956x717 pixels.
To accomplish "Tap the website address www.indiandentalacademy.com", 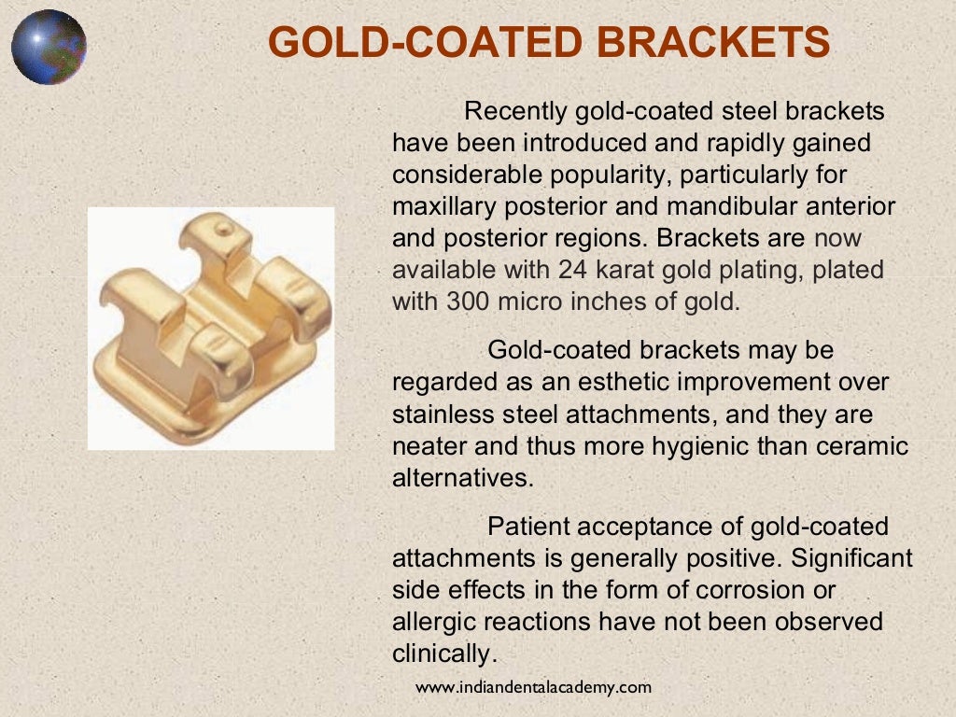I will [x=533, y=687].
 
